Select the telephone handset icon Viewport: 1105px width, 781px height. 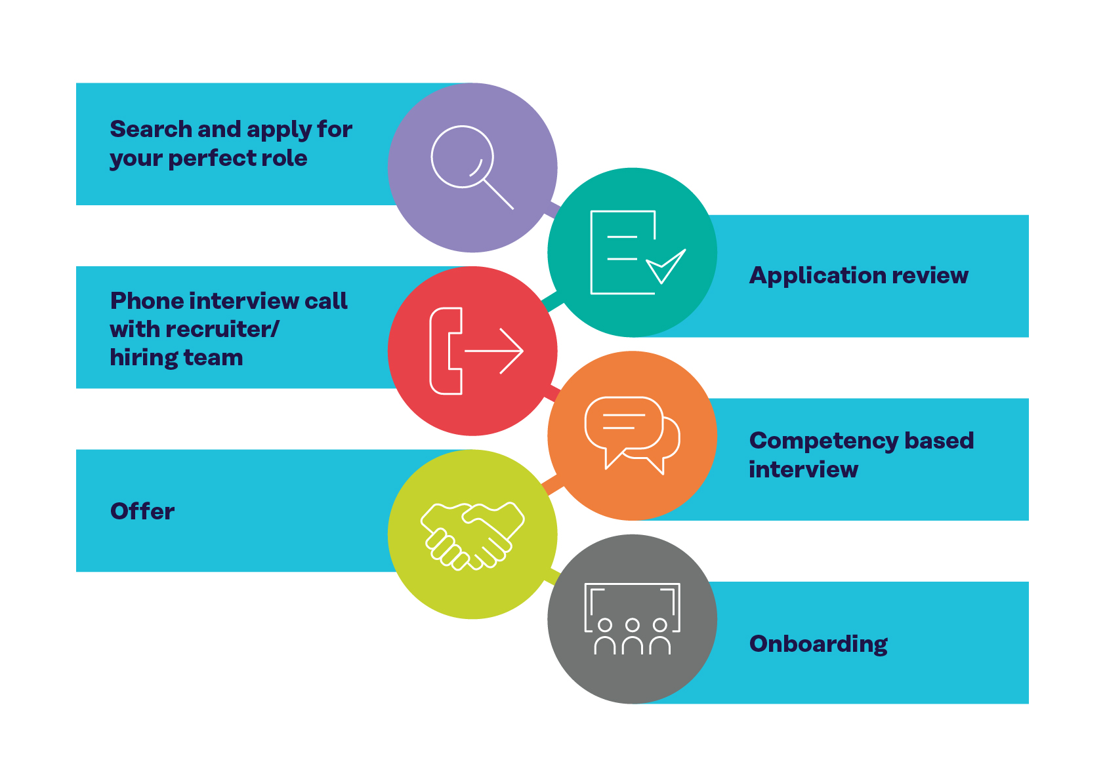point(446,351)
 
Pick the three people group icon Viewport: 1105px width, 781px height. point(632,620)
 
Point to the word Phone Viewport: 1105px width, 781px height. point(146,300)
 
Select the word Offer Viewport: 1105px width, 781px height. point(142,511)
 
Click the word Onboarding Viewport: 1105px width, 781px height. point(818,644)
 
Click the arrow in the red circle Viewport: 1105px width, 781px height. point(495,351)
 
